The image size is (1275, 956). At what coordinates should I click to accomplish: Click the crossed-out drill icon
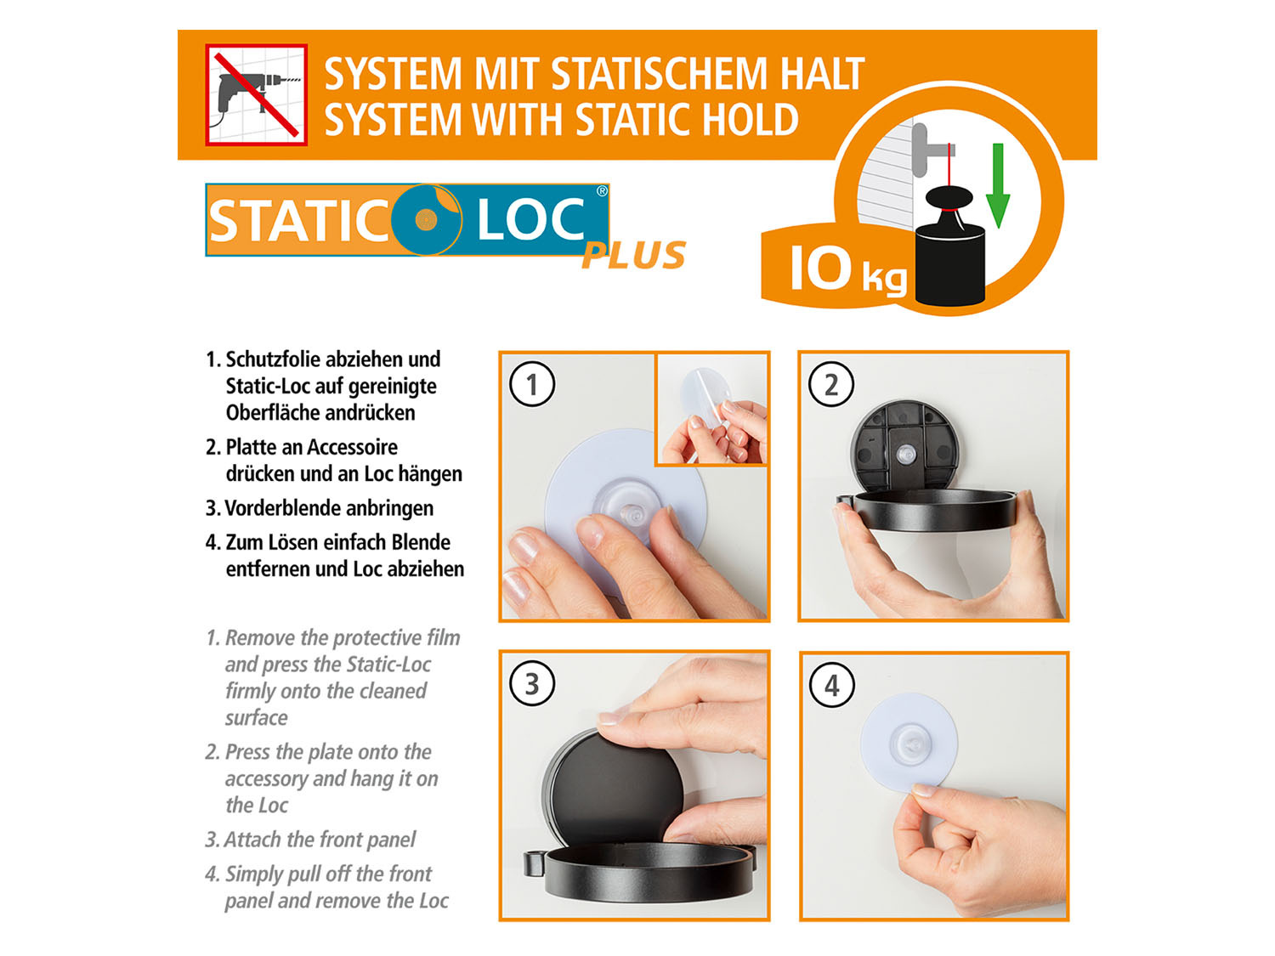tap(256, 94)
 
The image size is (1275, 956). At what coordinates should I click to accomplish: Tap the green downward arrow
tap(998, 185)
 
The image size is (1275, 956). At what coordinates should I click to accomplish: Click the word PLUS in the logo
tap(634, 255)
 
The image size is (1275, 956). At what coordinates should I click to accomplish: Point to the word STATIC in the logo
tap(298, 221)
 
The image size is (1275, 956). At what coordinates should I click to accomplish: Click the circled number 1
tap(532, 384)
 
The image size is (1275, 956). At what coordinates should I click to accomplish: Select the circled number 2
tap(831, 384)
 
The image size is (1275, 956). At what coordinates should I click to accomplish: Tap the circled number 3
tap(532, 684)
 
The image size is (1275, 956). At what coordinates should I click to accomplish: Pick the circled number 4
tap(832, 685)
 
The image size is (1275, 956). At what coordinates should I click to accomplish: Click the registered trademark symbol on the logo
tap(602, 191)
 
